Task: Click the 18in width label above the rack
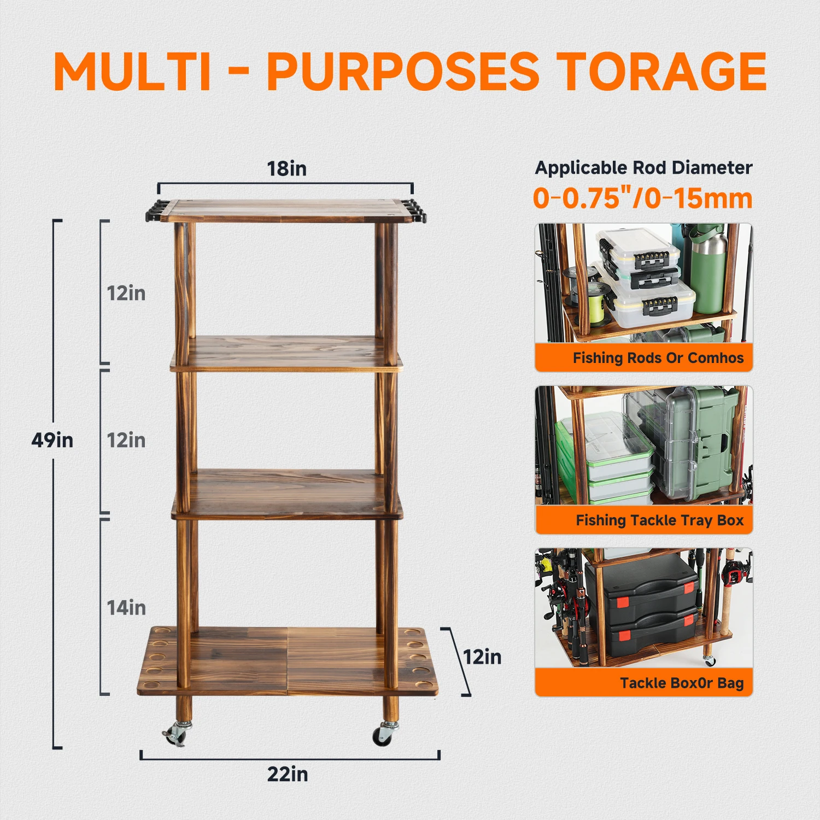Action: coord(286,168)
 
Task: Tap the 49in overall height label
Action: coord(52,440)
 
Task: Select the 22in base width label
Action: coord(288,774)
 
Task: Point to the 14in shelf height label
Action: coord(126,607)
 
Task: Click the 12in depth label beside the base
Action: coord(482,657)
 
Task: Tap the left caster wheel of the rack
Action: coord(175,734)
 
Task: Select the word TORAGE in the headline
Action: coord(664,72)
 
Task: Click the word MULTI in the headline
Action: coord(133,72)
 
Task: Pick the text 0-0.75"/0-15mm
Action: coord(643,198)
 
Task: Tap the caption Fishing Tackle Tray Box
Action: coord(660,520)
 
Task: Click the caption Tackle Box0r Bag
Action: coord(682,683)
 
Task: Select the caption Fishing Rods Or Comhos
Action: coord(658,358)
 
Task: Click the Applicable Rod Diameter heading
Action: coord(643,167)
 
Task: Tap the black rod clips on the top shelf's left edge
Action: coord(155,212)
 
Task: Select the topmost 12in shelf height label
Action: coord(126,293)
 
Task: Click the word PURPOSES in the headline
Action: coord(403,72)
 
